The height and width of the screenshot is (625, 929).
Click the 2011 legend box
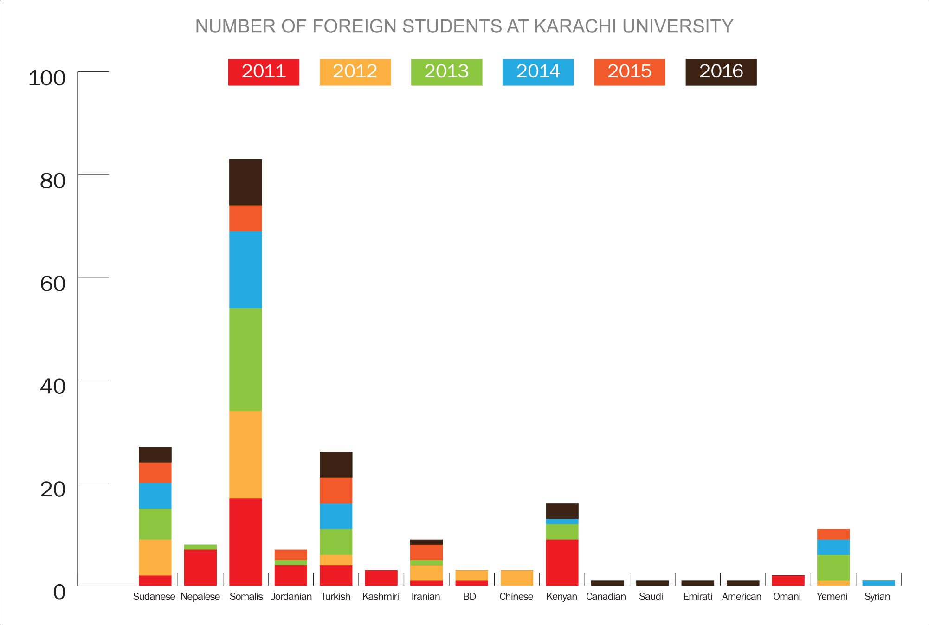(x=264, y=72)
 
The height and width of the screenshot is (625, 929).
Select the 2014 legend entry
(x=538, y=72)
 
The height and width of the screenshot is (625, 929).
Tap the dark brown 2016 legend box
(x=721, y=72)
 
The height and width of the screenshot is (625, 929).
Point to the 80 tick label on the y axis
(x=52, y=181)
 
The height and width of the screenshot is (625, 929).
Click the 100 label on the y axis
(x=47, y=78)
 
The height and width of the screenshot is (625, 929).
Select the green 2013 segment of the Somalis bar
(x=245, y=359)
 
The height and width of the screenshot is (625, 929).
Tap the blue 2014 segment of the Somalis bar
(x=245, y=269)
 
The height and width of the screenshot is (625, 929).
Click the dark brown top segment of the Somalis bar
(x=245, y=182)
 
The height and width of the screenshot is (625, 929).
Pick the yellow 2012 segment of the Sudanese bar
(x=155, y=557)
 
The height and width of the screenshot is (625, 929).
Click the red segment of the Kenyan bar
(x=562, y=562)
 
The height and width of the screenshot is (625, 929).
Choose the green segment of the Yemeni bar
(x=833, y=567)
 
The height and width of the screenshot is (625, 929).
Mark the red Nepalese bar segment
(x=200, y=567)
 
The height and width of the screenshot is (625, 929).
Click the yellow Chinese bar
(x=516, y=578)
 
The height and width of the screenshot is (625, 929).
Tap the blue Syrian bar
(x=878, y=583)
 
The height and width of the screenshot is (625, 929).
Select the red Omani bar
(x=788, y=580)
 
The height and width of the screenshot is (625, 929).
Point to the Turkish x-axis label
(x=335, y=597)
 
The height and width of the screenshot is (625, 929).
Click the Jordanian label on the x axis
(x=291, y=597)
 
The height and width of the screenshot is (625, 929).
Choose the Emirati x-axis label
(x=697, y=597)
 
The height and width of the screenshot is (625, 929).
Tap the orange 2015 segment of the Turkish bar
(x=335, y=490)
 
